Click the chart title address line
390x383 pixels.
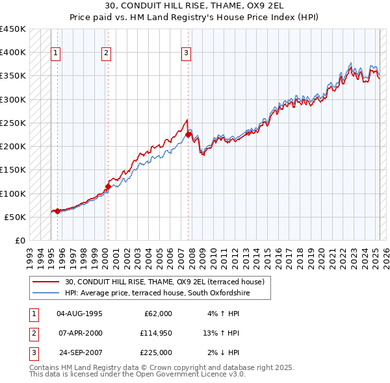194,7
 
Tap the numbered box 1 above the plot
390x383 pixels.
56,53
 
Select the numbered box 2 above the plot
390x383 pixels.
106,53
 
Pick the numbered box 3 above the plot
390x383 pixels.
186,53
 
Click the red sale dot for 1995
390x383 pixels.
57,211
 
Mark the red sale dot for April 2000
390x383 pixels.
108,186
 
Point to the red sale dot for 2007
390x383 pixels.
188,135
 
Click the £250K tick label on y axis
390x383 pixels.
13,123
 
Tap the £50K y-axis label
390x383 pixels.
16,217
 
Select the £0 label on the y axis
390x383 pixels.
20,240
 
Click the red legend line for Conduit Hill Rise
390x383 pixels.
47,282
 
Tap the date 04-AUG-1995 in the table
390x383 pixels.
79,314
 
